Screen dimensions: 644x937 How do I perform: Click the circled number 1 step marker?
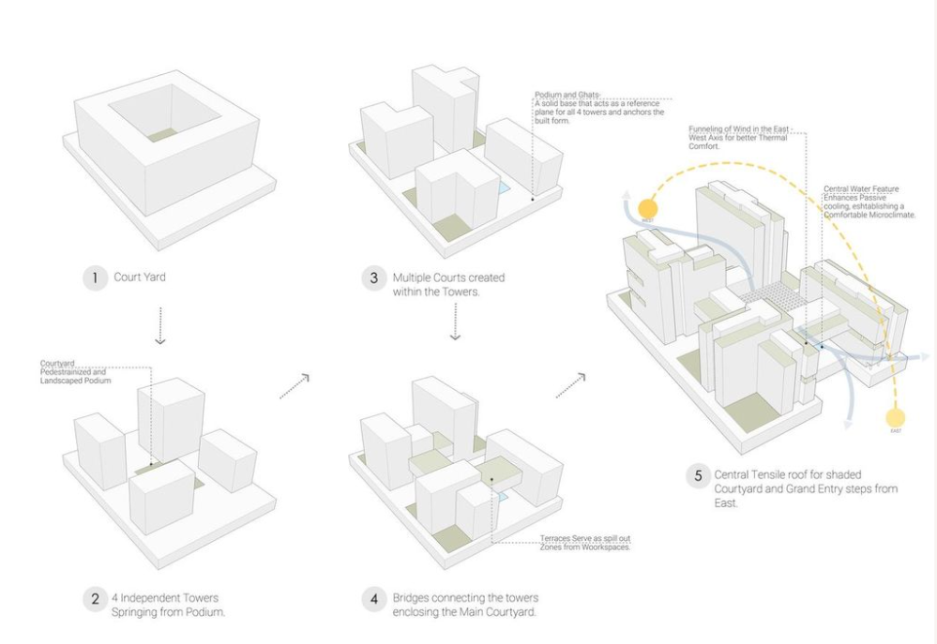95,277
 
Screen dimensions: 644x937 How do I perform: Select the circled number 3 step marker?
375,278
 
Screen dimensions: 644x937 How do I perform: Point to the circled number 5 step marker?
698,475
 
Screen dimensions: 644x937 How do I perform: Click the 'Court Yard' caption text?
142,277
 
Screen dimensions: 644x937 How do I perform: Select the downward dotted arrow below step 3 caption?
454,325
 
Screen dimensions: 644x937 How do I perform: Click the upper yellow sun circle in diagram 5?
647,209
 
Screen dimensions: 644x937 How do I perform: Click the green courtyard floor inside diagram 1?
163,135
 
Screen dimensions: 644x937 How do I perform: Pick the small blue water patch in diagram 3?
503,187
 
